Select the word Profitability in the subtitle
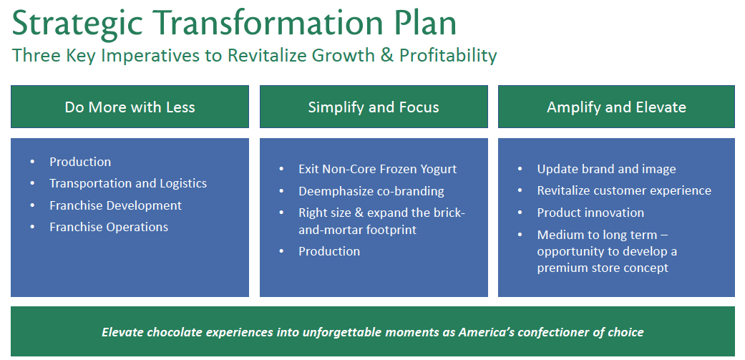(x=448, y=56)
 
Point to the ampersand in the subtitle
(x=385, y=56)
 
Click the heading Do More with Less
(x=130, y=107)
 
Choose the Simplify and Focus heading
(x=374, y=107)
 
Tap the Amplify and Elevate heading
(x=616, y=107)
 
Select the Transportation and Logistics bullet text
(x=128, y=183)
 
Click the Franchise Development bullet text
(x=115, y=205)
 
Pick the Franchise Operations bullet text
(x=109, y=227)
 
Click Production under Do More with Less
(x=80, y=162)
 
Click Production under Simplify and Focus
(x=329, y=251)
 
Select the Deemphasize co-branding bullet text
(x=371, y=191)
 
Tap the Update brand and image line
(x=606, y=169)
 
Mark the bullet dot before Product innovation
(x=520, y=213)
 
